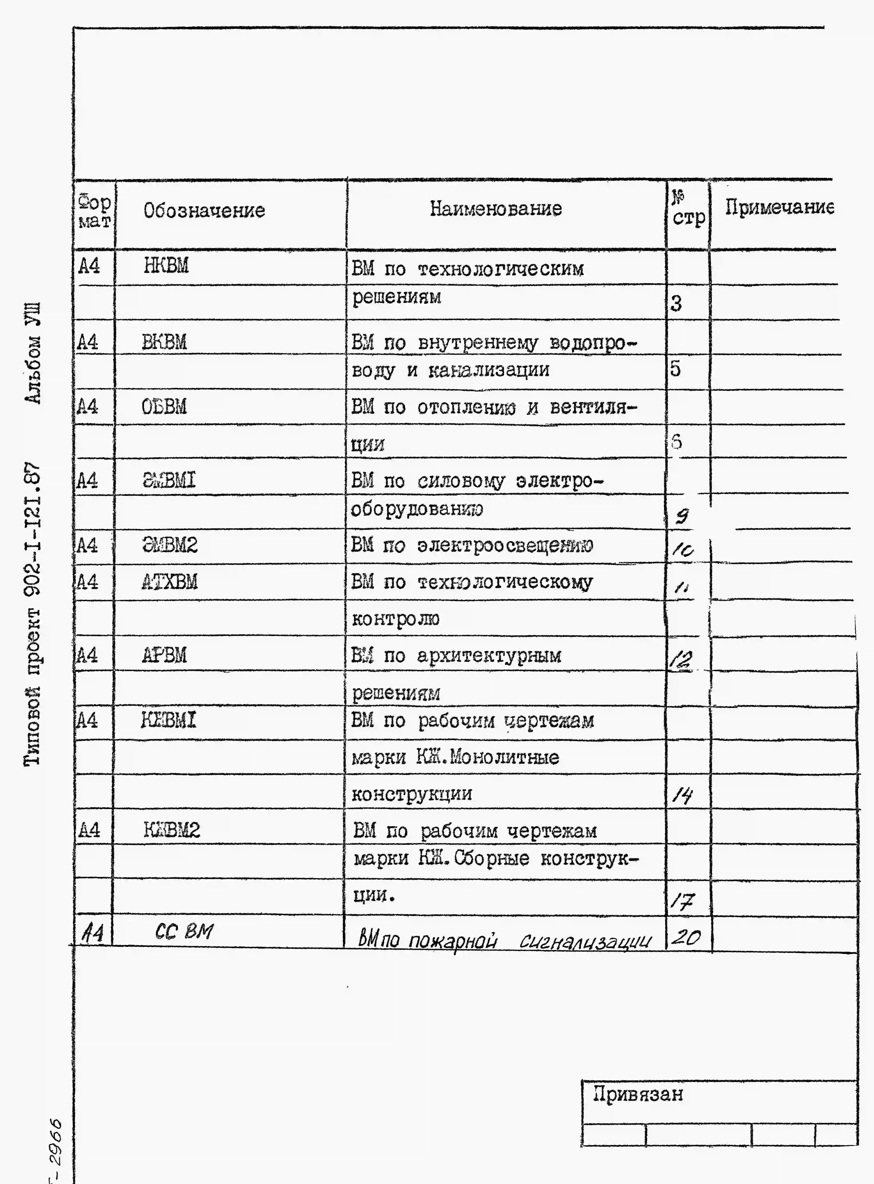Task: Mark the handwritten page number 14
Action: tap(682, 795)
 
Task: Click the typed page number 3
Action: tap(676, 303)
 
